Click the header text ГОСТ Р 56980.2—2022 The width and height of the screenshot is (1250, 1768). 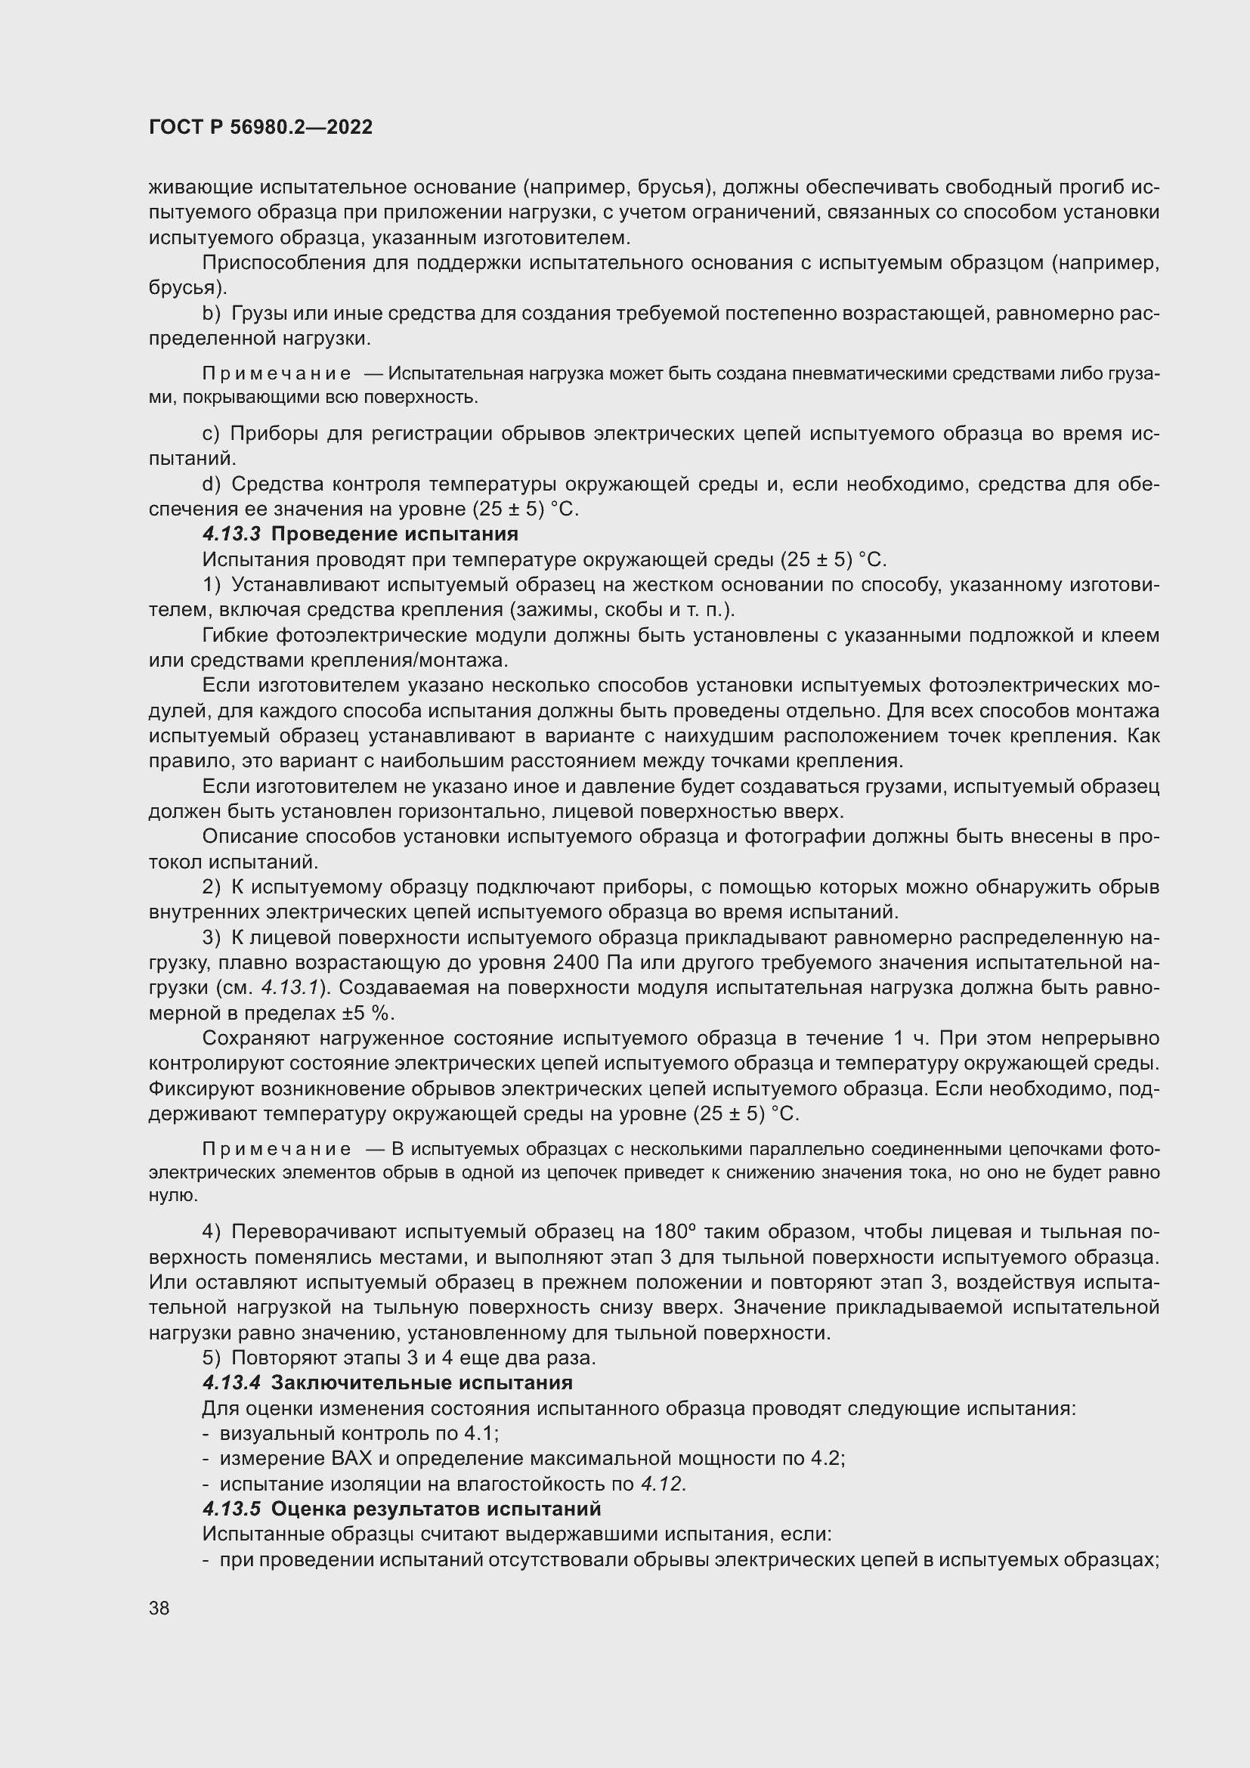(x=260, y=127)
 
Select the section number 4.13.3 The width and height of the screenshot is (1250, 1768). (x=232, y=534)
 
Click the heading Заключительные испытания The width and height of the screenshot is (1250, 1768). (x=422, y=1383)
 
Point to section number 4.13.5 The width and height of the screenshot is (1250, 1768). (x=232, y=1508)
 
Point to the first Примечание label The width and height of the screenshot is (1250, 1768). (x=277, y=374)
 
